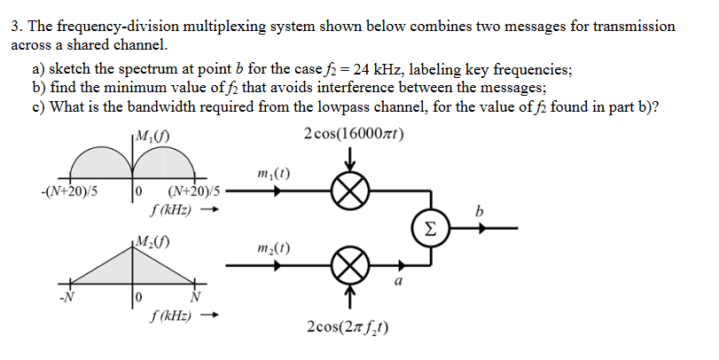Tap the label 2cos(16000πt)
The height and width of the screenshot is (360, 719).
click(352, 132)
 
